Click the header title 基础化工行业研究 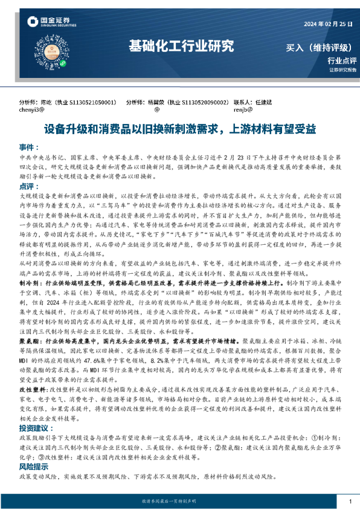[x=181, y=46]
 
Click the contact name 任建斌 [x=263, y=103]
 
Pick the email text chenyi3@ [x=32, y=111]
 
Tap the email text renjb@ [x=242, y=111]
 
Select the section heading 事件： [x=29, y=148]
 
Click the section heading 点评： [x=29, y=186]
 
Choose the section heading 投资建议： [x=35, y=410]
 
